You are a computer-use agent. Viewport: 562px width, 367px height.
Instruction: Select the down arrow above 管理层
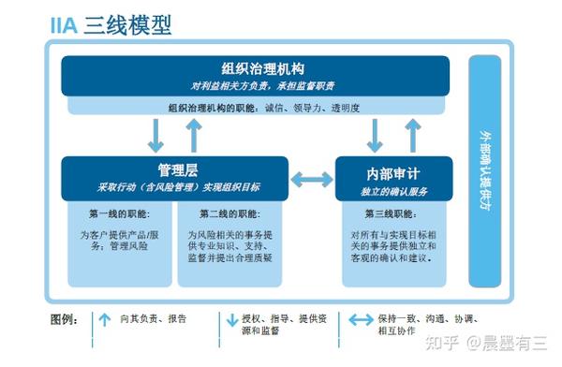pyautogui.click(x=155, y=134)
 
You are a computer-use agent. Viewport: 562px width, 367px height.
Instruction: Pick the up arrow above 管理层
pyautogui.click(x=195, y=134)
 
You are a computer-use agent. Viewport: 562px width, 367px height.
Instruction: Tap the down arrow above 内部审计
pyautogui.click(x=375, y=134)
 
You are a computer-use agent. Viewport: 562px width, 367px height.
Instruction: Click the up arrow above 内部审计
pyautogui.click(x=413, y=134)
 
